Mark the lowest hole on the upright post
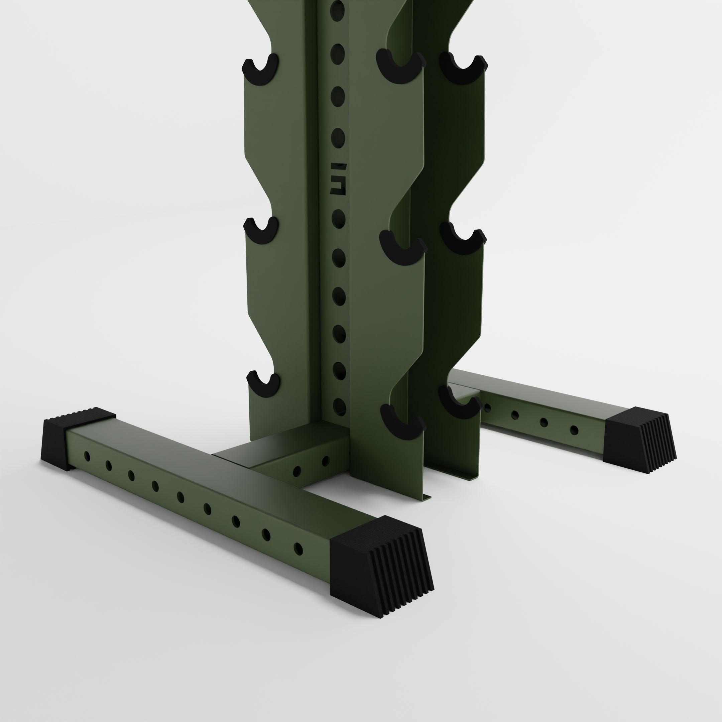tap(339, 406)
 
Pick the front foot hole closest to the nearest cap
tap(298, 549)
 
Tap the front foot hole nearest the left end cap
tap(87, 456)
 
